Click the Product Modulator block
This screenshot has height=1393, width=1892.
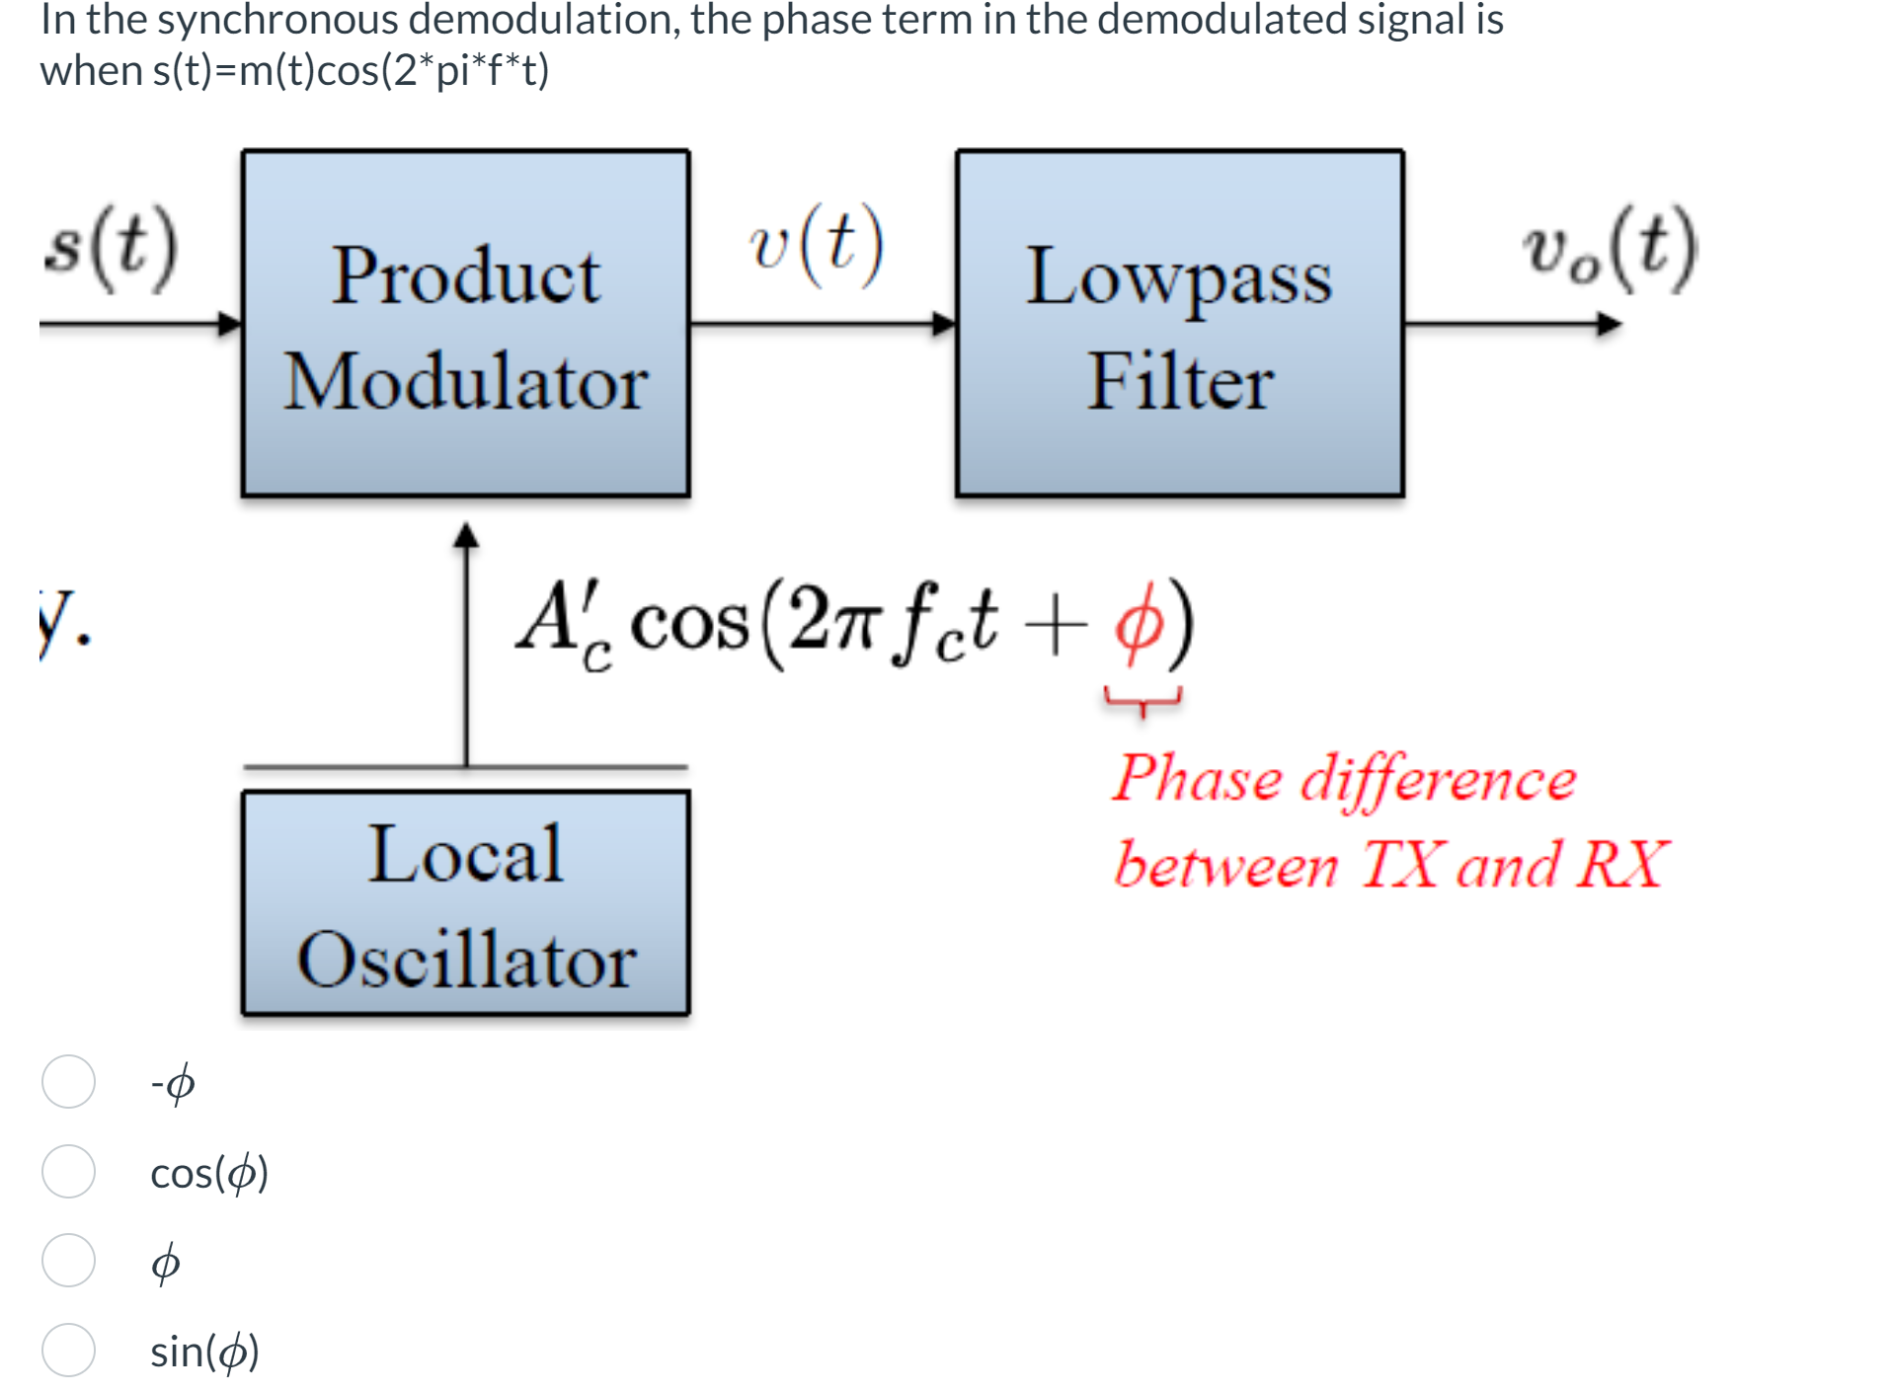tap(465, 324)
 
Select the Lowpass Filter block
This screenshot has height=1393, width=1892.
tap(1179, 324)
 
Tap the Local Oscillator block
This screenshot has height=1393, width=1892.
tap(465, 902)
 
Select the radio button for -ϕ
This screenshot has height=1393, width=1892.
tap(68, 1082)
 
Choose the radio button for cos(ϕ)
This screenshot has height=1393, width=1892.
tap(68, 1171)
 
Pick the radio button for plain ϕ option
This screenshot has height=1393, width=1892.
tap(68, 1260)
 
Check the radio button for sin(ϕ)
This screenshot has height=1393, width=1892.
tap(68, 1350)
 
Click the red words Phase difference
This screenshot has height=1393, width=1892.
tap(1343, 779)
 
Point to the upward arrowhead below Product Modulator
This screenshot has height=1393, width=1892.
tap(466, 536)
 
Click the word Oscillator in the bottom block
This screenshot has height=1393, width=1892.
tap(466, 960)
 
